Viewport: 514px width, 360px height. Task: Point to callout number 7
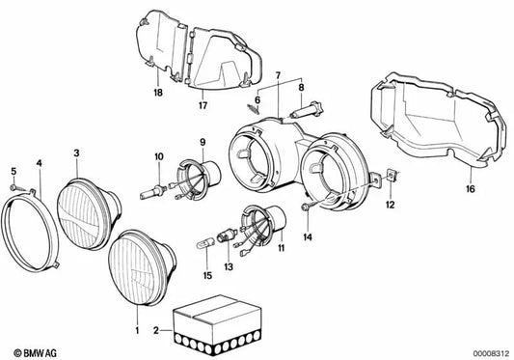(277, 74)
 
